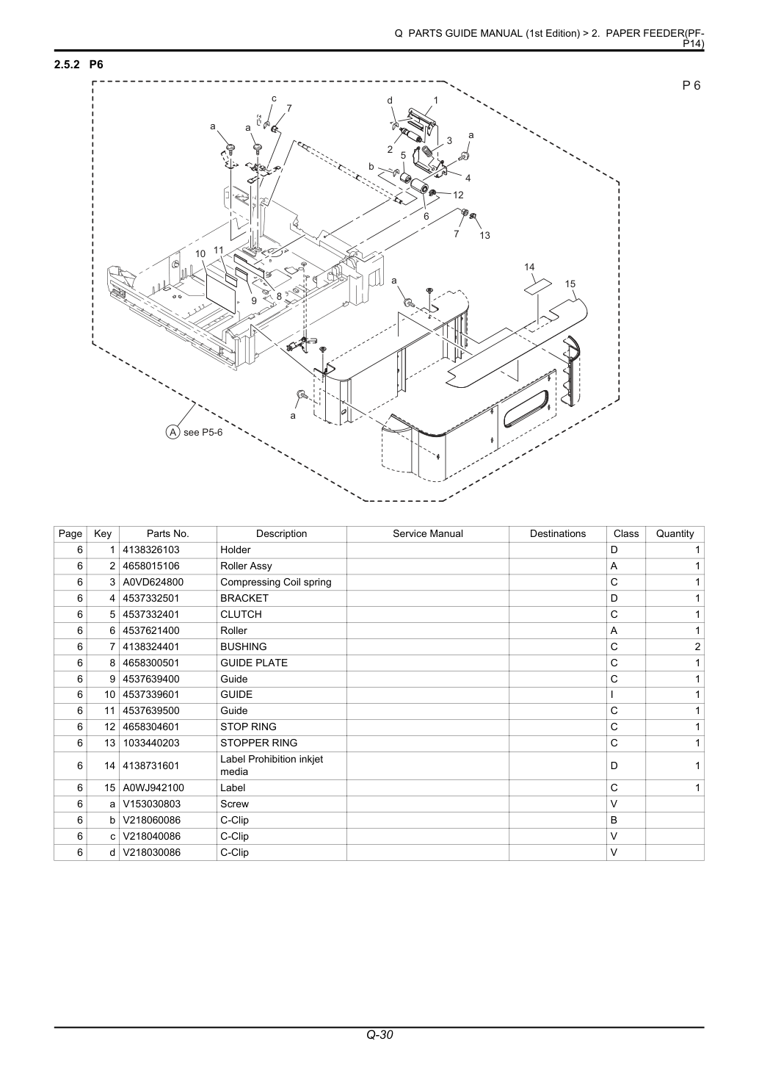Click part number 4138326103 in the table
point(151,550)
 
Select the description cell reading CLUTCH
point(241,614)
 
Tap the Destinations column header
point(558,533)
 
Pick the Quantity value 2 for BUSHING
point(697,646)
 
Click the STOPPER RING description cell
point(258,743)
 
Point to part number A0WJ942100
point(153,788)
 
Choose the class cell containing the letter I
point(612,694)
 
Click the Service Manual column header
point(428,533)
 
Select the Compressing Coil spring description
point(275,582)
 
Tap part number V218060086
point(152,820)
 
